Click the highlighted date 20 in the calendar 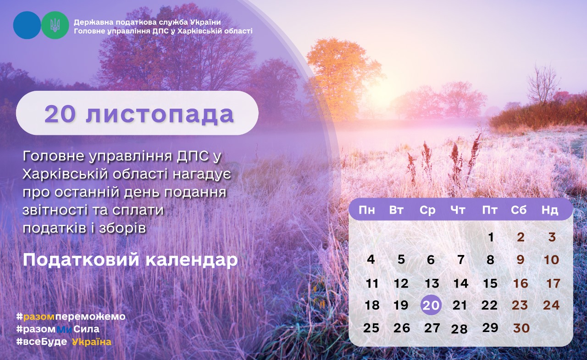tap(431, 305)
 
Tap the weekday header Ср tap(427, 210)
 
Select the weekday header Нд tap(550, 210)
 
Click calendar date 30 tap(521, 328)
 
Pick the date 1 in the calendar tap(491, 237)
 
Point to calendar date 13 tap(432, 283)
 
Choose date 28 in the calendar tap(459, 329)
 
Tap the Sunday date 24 tap(551, 305)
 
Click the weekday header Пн tap(366, 210)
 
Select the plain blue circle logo tap(27, 25)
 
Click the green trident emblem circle tap(55, 25)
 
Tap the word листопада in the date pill tap(160, 114)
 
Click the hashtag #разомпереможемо tap(71, 316)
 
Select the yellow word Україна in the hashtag tap(92, 342)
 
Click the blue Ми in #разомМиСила tap(64, 329)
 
